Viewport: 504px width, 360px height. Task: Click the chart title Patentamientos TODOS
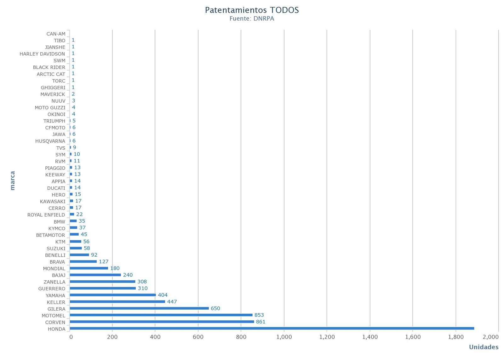tap(252, 10)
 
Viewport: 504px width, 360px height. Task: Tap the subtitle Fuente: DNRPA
tap(252, 19)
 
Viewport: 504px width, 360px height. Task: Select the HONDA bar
tap(272, 328)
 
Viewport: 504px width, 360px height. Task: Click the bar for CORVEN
tap(162, 322)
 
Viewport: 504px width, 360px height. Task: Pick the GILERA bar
tap(139, 308)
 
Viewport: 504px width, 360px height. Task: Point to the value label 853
tap(259, 315)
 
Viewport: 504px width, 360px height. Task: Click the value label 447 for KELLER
tap(172, 302)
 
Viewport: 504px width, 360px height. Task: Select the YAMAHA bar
tap(112, 295)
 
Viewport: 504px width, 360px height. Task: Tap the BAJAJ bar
tap(95, 275)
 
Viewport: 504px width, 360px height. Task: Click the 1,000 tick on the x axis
tap(284, 337)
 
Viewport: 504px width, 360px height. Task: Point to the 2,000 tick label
tap(490, 337)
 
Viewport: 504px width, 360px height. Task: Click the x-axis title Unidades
tap(484, 347)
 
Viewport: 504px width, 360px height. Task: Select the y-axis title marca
tap(13, 180)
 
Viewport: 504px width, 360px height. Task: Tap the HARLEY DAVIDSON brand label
tap(42, 54)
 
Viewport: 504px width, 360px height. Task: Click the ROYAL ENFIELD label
tap(46, 215)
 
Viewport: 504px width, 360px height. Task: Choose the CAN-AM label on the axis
tap(56, 34)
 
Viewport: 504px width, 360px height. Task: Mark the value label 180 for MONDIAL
tap(115, 268)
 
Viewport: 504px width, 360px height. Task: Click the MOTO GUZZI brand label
tap(50, 108)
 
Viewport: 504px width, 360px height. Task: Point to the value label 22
tap(79, 214)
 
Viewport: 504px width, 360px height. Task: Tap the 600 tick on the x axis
tap(198, 337)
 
